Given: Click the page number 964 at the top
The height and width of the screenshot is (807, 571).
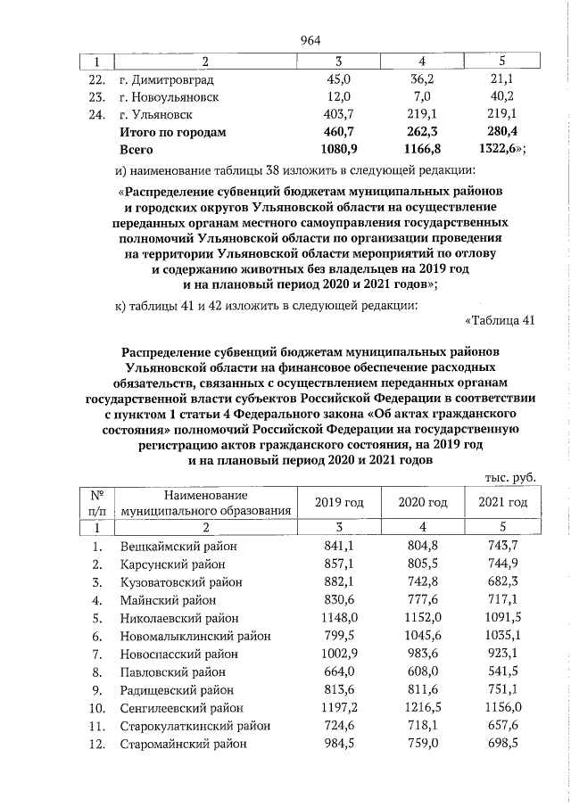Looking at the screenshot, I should coord(310,39).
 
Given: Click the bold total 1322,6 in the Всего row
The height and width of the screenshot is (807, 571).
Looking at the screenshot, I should coord(502,150).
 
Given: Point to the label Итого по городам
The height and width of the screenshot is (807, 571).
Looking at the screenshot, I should coord(173,132).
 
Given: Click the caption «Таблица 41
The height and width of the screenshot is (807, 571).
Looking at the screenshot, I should coord(500,320).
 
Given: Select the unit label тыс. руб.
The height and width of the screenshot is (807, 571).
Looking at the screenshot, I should coord(509,478).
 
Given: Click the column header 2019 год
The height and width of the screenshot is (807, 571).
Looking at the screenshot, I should coord(339,503).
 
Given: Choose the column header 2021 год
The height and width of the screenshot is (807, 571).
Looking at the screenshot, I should coord(502,503).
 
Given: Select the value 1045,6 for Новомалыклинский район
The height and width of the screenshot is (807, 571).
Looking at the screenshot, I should coord(419,636).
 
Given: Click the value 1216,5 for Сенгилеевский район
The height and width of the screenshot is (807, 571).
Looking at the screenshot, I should coord(419,707).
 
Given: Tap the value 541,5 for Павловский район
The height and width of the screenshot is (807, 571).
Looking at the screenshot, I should coord(502,671).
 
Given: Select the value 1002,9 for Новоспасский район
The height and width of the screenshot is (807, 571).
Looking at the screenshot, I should coord(339,654).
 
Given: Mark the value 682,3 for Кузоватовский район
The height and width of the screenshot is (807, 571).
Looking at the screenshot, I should coord(502,582).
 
